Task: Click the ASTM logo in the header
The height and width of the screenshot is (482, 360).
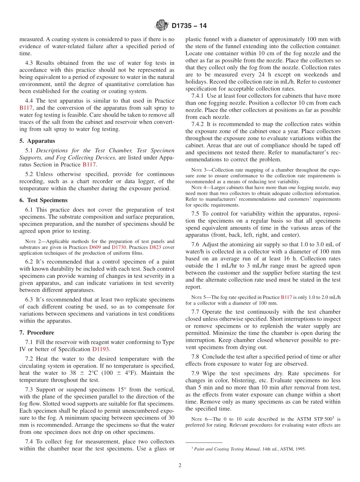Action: pyautogui.click(x=162, y=26)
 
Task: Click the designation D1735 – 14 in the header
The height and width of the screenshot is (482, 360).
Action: pyautogui.click(x=189, y=26)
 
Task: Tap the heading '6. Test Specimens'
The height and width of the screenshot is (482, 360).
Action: pyautogui.click(x=43, y=200)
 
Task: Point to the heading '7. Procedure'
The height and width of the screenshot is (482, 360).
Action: pyautogui.click(x=37, y=332)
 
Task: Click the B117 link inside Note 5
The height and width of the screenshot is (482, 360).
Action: pyautogui.click(x=286, y=297)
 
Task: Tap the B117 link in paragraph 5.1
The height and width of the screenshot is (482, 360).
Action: pyautogui.click(x=89, y=164)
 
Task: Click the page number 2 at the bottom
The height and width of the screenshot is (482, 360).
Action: pyautogui.click(x=180, y=465)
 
